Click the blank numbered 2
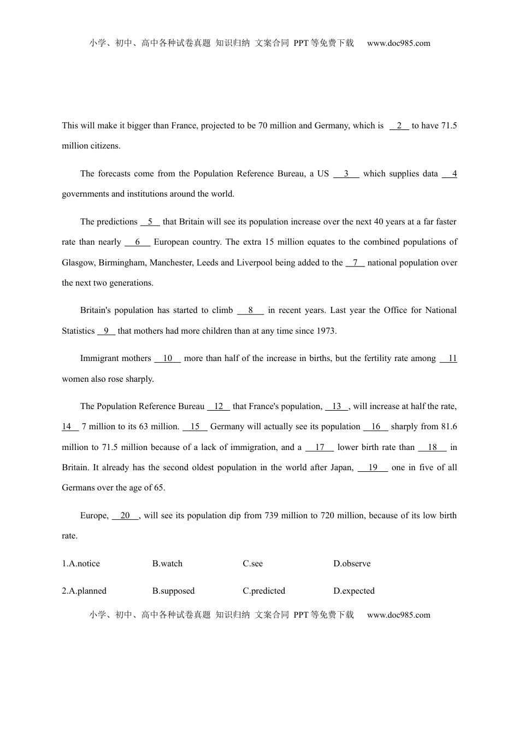pyautogui.click(x=399, y=126)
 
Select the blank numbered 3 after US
pyautogui.click(x=346, y=174)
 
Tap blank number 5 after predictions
pyautogui.click(x=150, y=222)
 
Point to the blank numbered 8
pyautogui.click(x=250, y=310)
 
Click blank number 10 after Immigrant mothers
pyautogui.click(x=167, y=358)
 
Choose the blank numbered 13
pyautogui.click(x=337, y=406)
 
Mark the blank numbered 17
pyautogui.click(x=320, y=447)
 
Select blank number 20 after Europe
pyautogui.click(x=125, y=516)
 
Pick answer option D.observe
pyautogui.click(x=352, y=564)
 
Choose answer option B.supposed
pyautogui.click(x=173, y=591)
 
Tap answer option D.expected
pyautogui.click(x=354, y=591)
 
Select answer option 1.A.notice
pyautogui.click(x=81, y=564)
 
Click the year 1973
pyautogui.click(x=326, y=331)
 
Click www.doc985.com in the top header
pyautogui.click(x=398, y=43)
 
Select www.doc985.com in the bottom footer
pyautogui.click(x=398, y=615)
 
